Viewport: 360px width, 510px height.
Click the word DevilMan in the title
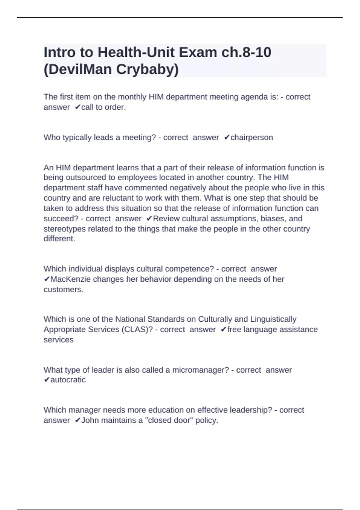click(x=79, y=69)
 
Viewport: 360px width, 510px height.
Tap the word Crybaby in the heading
click(x=147, y=69)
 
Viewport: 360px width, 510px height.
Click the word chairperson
click(x=252, y=137)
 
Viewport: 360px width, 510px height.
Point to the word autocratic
click(x=68, y=380)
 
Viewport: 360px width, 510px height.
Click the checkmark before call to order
click(x=78, y=107)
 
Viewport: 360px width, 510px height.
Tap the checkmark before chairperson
click(x=227, y=137)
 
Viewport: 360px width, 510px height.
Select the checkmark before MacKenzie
click(x=47, y=279)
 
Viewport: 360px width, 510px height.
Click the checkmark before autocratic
click(x=47, y=380)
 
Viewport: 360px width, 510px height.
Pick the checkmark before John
click(x=78, y=420)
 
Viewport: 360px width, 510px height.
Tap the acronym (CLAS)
click(x=137, y=329)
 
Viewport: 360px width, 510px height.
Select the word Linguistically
click(x=273, y=319)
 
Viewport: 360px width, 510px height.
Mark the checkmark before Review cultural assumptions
click(x=149, y=219)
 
